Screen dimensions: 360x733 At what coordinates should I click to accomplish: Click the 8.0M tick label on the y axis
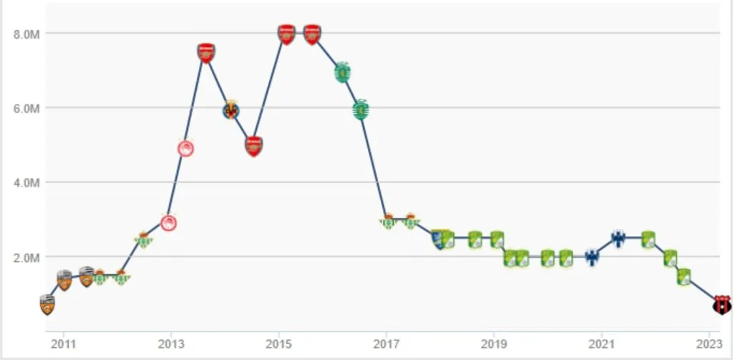[23, 34]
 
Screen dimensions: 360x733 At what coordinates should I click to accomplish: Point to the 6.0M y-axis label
[23, 108]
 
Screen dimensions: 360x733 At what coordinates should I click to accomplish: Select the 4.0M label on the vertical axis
[23, 183]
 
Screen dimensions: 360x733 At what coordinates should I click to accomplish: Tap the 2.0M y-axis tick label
[23, 257]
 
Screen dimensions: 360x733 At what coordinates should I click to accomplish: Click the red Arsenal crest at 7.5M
[206, 52]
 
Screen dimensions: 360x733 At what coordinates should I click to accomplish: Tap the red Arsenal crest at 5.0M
[254, 146]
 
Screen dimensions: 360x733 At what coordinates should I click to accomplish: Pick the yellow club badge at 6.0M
[230, 110]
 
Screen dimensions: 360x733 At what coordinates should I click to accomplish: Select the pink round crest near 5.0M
[185, 148]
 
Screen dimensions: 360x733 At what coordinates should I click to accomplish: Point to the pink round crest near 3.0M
[168, 223]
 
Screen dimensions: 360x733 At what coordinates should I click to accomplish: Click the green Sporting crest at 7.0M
[343, 72]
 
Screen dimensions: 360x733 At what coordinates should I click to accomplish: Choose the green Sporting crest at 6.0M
[361, 110]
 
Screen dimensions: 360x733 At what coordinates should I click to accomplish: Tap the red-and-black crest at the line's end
[722, 305]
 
